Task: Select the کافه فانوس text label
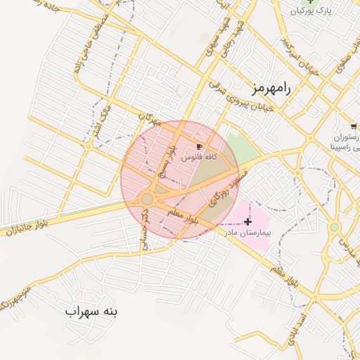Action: pos(198,158)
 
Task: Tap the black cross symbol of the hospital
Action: pos(247,221)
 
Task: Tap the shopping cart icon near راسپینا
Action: pos(353,126)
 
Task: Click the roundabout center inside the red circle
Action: pos(146,200)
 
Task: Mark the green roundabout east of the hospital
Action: pos(334,227)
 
